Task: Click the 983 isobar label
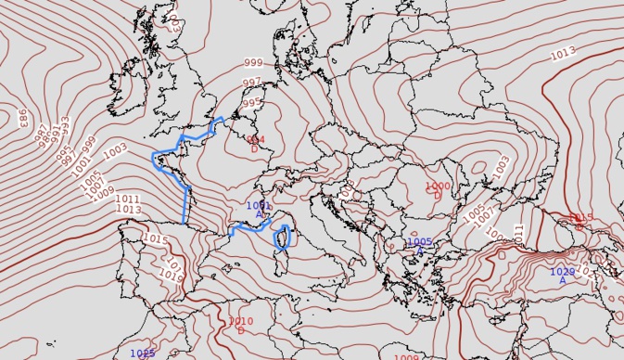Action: [21, 117]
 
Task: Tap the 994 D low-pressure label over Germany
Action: [255, 143]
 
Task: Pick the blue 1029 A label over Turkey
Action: [563, 275]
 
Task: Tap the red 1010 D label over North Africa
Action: [240, 325]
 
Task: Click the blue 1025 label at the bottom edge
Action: [142, 353]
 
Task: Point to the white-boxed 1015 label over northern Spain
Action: [156, 240]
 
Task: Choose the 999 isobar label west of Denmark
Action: [253, 63]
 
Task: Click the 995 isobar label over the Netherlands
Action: [252, 103]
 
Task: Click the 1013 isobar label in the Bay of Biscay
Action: [129, 210]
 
